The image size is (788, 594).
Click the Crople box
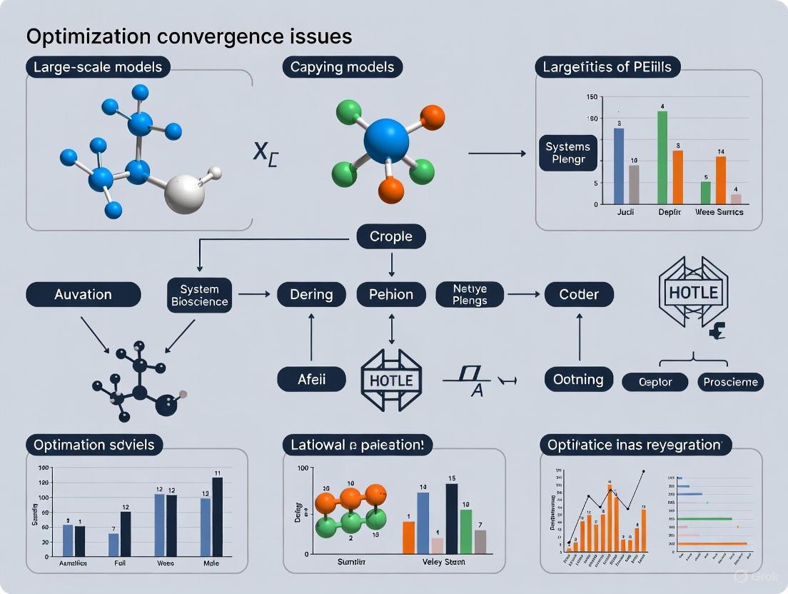[391, 236]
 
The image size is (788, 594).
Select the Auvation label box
[83, 294]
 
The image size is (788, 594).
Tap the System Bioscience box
[199, 295]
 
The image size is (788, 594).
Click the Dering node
[311, 294]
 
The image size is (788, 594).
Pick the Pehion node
[391, 294]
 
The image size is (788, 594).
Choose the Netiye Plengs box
[470, 294]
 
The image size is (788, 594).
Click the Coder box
[579, 294]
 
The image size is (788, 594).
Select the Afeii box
[311, 379]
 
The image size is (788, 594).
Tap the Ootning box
[579, 379]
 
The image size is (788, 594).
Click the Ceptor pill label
[656, 382]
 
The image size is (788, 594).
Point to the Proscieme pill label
[730, 382]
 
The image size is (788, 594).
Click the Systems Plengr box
[569, 153]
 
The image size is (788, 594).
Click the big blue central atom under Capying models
[386, 141]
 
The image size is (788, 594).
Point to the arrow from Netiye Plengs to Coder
[523, 294]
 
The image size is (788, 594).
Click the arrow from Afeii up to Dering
[311, 337]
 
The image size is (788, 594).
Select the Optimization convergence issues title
[189, 36]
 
